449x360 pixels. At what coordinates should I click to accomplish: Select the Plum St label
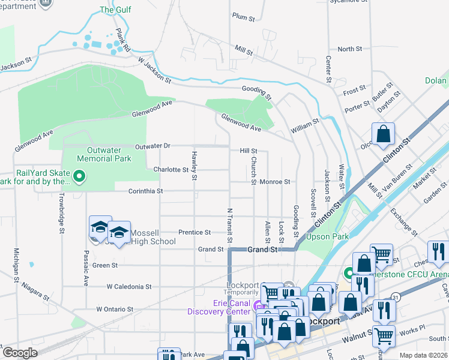[x=244, y=17]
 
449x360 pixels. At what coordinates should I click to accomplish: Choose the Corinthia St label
[x=146, y=191]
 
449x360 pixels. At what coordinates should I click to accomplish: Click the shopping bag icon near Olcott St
[x=383, y=135]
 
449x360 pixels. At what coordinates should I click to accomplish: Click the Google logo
[x=20, y=353]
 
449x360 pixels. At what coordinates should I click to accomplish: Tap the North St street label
[x=350, y=49]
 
